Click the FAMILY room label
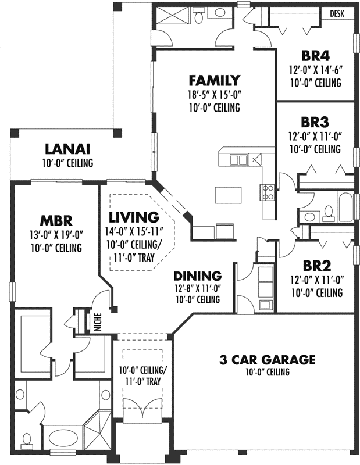214,80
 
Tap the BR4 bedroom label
316,56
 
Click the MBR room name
56,221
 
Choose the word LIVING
134,217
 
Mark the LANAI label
67,149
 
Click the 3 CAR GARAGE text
267,359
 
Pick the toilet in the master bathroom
27,439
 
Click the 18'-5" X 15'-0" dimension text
214,94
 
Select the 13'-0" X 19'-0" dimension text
56,235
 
